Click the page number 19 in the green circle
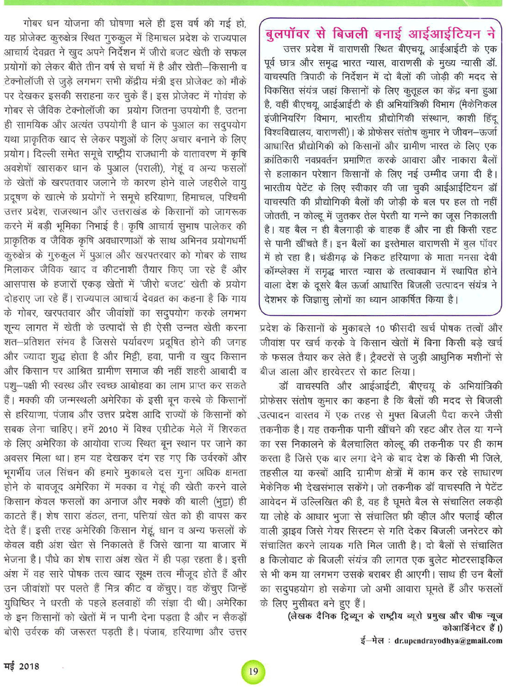pos(254,671)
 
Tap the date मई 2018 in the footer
pos(22,666)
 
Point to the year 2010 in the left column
pos(108,429)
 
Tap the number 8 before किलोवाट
pos(263,560)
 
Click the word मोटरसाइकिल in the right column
pos(476,560)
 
